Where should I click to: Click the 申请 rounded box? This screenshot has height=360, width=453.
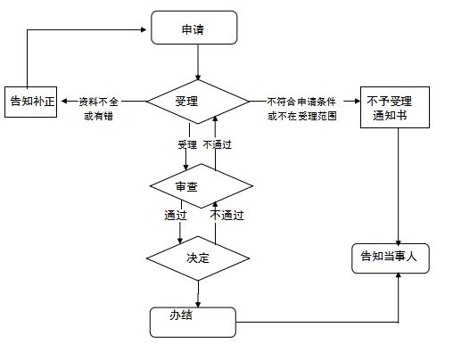[x=194, y=28]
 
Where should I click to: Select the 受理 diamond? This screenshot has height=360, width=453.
[x=198, y=102]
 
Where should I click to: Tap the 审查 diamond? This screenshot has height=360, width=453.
[x=202, y=186]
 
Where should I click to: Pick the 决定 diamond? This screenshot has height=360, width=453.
[x=198, y=258]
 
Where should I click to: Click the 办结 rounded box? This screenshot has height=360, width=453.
[x=193, y=323]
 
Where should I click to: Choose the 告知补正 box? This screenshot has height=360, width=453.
[x=31, y=102]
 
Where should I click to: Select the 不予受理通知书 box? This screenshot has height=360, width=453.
[x=395, y=107]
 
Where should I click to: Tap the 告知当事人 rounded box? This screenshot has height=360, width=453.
[x=391, y=258]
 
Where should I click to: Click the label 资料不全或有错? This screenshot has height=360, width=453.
[x=98, y=109]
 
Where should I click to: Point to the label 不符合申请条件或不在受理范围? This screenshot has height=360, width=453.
[x=301, y=109]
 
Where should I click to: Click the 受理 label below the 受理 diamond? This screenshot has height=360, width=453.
[x=187, y=144]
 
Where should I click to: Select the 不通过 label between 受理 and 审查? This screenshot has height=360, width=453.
[x=217, y=144]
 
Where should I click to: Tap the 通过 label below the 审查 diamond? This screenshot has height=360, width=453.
[x=176, y=215]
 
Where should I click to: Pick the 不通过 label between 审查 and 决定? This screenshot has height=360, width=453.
[x=227, y=215]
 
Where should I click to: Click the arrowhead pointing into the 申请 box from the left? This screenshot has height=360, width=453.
[x=144, y=29]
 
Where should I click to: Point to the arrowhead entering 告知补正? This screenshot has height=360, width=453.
[x=64, y=102]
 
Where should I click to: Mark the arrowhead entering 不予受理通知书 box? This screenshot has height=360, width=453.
[x=357, y=102]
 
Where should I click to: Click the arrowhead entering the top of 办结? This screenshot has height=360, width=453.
[x=198, y=304]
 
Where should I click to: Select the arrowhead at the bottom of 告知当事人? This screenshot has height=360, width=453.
[x=399, y=276]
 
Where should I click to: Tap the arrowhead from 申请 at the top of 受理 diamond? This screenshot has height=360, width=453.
[x=198, y=77]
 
